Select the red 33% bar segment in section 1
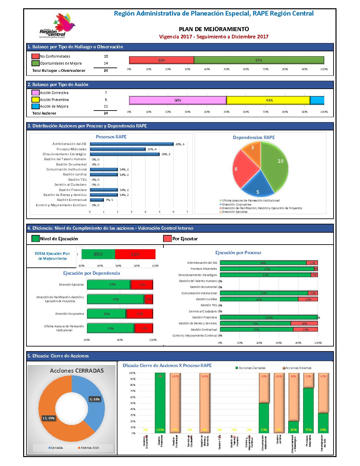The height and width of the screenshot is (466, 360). [161, 60]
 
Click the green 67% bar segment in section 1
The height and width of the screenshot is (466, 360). [259, 60]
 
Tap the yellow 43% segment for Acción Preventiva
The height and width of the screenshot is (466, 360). [268, 100]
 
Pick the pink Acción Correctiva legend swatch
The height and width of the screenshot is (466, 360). [35, 93]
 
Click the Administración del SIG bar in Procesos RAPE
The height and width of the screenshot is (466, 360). [131, 144]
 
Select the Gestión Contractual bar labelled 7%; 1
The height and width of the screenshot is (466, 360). [97, 200]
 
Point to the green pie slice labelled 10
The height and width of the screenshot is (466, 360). [276, 164]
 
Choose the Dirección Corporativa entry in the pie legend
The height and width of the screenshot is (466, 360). [236, 205]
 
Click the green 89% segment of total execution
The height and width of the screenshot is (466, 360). [98, 254]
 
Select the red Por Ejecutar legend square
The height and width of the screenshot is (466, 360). [167, 239]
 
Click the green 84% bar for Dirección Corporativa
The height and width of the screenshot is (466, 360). [106, 314]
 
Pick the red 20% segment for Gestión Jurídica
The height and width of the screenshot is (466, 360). [308, 299]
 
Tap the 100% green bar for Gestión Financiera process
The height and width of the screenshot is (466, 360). [268, 317]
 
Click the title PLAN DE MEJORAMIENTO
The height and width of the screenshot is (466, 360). [214, 29]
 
